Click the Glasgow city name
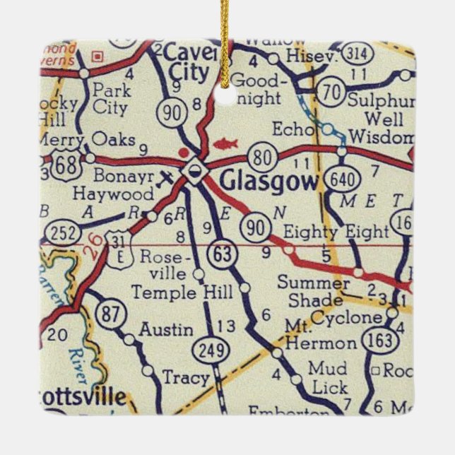point(269,181)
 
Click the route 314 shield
point(356,53)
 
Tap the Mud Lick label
point(328,379)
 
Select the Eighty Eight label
point(336,231)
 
